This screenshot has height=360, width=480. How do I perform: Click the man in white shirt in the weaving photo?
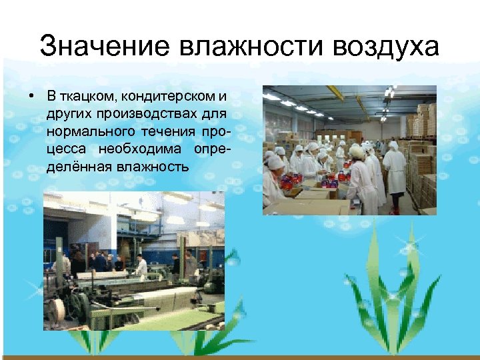(x=141, y=265)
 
